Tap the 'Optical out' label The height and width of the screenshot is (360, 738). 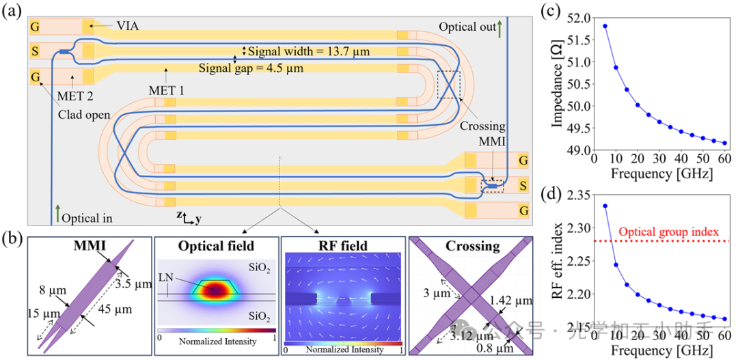(x=467, y=27)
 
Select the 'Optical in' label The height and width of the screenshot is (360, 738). (x=87, y=219)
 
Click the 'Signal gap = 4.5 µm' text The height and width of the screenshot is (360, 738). (x=251, y=68)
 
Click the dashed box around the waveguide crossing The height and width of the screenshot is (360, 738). (x=449, y=85)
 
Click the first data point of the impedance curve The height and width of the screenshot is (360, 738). (x=605, y=26)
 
